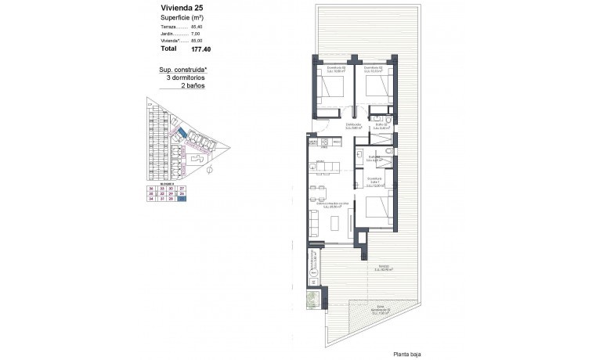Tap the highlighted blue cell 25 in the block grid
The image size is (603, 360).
coord(182,199)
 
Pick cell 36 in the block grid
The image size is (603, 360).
coord(151,189)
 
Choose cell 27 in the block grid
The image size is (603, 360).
coord(182,189)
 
